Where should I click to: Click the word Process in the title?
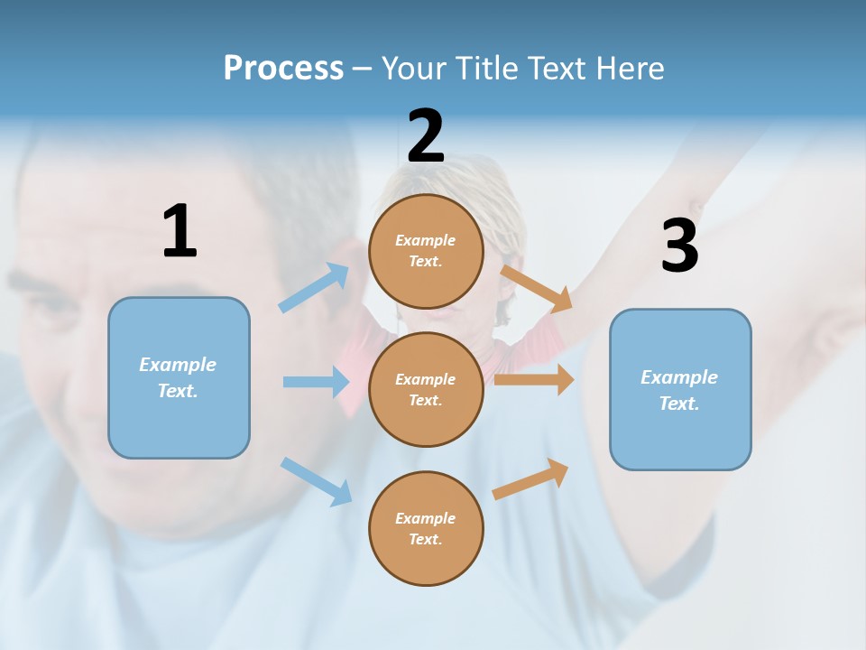pos(283,69)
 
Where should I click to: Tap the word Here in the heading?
pos(626,69)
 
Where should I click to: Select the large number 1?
pos(180,231)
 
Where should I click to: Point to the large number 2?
pos(426,136)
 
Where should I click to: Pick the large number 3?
pos(679,246)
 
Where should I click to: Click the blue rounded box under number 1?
pos(179,377)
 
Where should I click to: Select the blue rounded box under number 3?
pos(680,389)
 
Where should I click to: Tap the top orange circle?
pos(426,251)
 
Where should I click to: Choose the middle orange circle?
pos(426,389)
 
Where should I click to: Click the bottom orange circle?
pos(426,528)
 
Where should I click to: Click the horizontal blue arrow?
pos(316,382)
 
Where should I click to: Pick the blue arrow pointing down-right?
pos(316,481)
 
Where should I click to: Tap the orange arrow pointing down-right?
pos(537,288)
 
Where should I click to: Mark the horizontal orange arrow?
pos(534,380)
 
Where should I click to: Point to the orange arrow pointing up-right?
pos(531,478)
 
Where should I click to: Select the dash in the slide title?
pos(363,69)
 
